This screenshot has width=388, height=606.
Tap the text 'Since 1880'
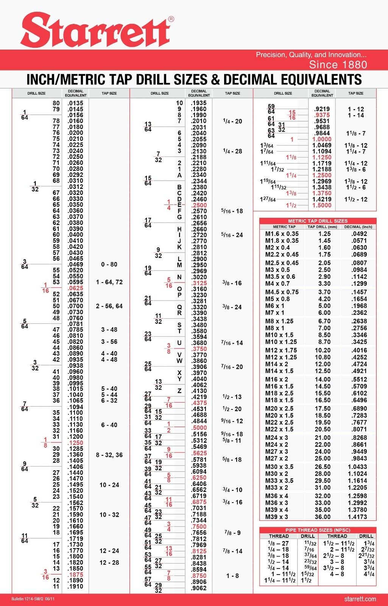338,64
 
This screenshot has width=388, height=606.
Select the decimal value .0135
75,103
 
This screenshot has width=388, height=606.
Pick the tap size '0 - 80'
109,264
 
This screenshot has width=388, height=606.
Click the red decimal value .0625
75,288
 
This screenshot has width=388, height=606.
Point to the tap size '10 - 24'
109,485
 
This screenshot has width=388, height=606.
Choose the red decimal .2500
199,205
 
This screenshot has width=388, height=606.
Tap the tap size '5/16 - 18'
232,211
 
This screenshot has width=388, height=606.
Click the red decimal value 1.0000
322,139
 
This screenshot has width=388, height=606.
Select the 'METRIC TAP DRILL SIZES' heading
318,221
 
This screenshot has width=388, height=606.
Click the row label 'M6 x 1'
275,306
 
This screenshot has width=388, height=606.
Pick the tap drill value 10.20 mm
323,350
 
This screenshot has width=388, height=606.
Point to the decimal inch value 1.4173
358,517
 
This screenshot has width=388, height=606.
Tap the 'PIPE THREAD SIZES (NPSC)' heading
318,530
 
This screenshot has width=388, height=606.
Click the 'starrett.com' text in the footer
360,599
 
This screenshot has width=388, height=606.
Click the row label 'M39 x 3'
276,517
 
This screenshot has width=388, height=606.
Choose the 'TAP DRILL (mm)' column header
322,227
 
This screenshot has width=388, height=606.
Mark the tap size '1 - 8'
232,576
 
